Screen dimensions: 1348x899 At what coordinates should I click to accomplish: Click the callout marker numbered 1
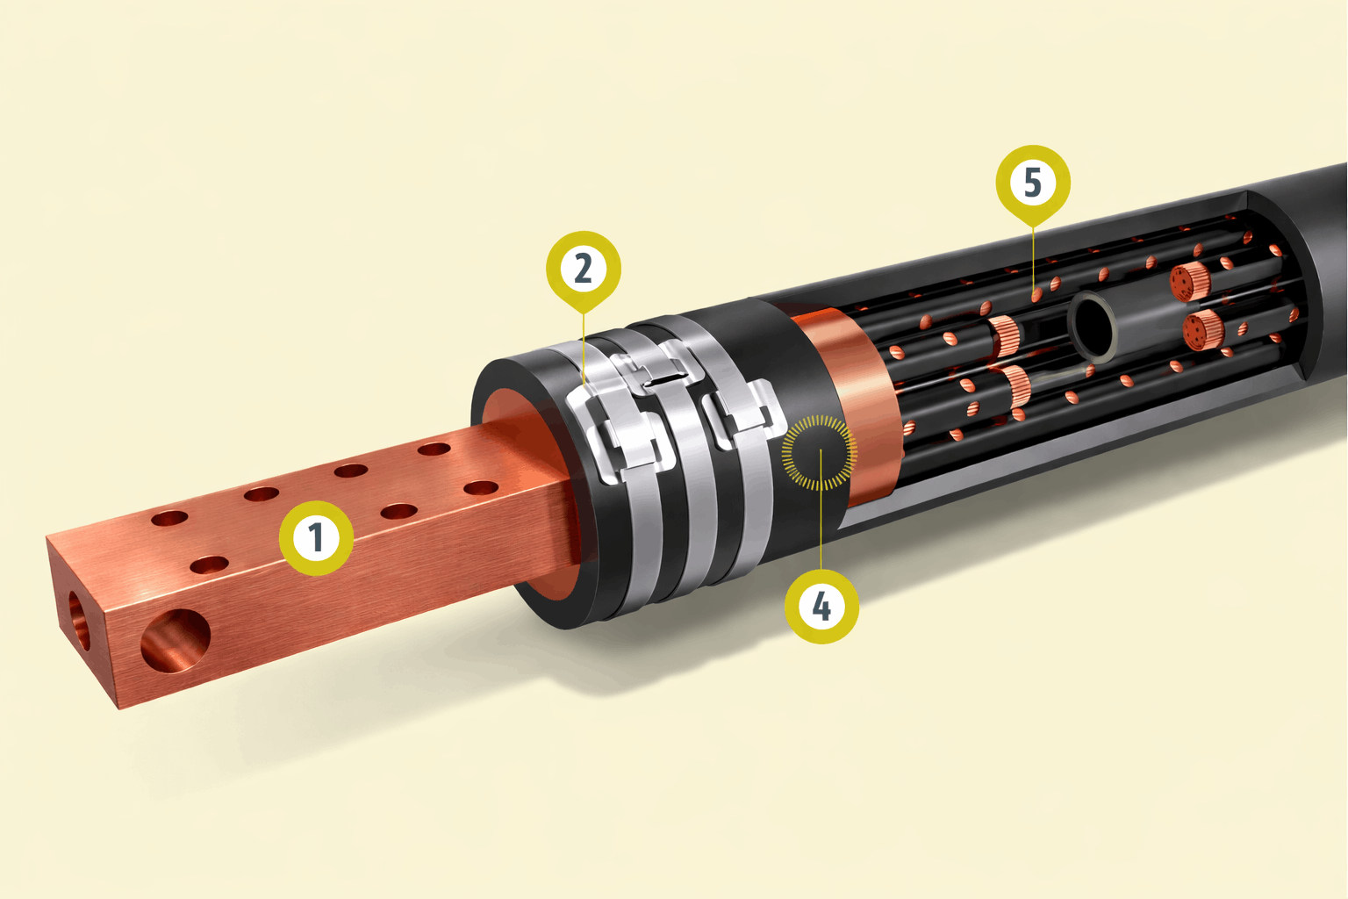pos(317,537)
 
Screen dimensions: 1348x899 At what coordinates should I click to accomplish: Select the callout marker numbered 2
pos(583,270)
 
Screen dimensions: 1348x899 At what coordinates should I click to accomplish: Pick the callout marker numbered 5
pos(1033,183)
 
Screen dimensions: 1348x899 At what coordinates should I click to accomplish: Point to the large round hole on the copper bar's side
pos(176,641)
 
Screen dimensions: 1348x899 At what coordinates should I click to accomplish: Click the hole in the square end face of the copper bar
pos(79,620)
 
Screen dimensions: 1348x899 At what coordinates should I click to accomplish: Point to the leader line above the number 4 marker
pos(821,509)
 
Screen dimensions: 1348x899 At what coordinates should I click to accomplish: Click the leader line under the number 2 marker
pos(583,350)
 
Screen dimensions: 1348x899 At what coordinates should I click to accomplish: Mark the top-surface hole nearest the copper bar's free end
pos(169,518)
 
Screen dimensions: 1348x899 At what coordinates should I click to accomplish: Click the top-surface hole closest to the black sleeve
pos(434,449)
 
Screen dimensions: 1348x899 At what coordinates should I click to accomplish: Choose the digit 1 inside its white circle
pos(316,537)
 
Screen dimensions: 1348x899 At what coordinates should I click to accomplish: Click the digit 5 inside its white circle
pos(1033,182)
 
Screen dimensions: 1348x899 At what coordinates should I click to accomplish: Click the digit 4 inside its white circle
pos(821,607)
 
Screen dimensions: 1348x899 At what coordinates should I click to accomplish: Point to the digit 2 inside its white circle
pos(583,269)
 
